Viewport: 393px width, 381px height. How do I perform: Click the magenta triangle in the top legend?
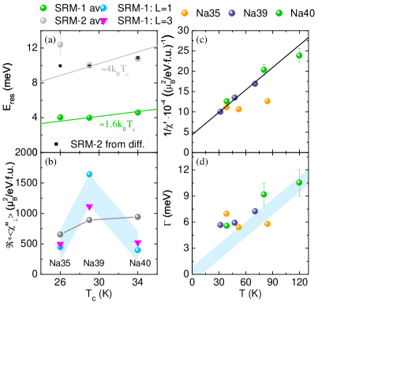click(x=103, y=21)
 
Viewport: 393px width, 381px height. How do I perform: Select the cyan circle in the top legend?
click(x=103, y=8)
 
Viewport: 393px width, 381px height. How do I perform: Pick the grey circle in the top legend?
click(x=43, y=21)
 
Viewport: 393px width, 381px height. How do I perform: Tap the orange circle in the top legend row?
click(x=185, y=13)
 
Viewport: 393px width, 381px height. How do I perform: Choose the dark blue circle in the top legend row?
click(x=232, y=13)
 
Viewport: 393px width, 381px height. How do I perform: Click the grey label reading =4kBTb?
click(x=115, y=70)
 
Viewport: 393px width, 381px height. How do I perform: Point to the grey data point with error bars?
click(x=60, y=45)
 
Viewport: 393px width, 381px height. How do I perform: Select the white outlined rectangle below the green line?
click(x=99, y=144)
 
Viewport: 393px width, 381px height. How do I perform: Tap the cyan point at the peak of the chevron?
click(x=89, y=174)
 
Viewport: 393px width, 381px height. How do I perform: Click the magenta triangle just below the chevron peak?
click(x=89, y=207)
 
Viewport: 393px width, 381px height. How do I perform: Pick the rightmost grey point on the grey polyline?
click(x=138, y=216)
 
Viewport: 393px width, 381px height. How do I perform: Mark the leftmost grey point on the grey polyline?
click(x=60, y=234)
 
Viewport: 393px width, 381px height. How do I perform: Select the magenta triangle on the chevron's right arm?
click(x=138, y=243)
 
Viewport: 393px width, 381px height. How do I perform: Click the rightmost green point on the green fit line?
click(x=138, y=112)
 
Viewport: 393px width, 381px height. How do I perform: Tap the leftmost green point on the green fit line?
click(x=60, y=118)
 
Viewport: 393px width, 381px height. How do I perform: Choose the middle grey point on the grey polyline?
click(x=89, y=219)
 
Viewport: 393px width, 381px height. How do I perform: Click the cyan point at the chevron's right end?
click(x=138, y=250)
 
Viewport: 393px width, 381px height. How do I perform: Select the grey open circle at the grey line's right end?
click(x=138, y=58)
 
